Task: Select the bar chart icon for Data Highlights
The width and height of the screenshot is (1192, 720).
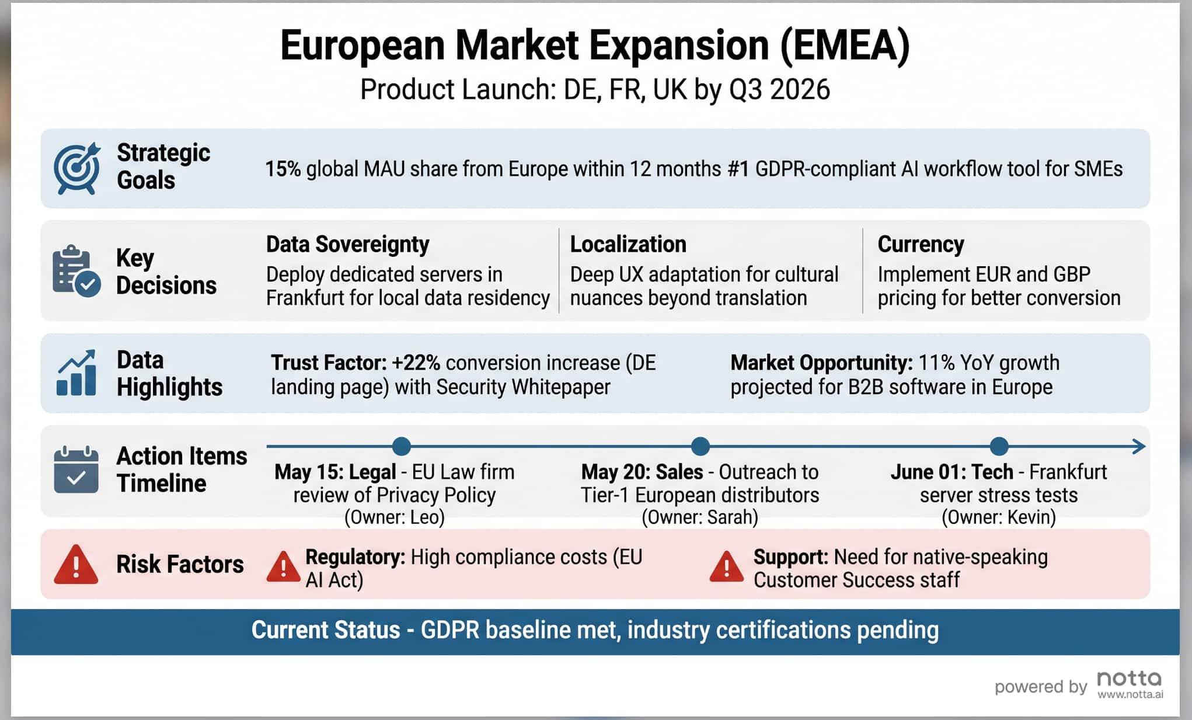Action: [76, 373]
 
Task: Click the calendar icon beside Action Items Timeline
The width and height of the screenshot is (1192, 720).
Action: [76, 470]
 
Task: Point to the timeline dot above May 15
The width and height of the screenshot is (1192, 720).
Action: [402, 447]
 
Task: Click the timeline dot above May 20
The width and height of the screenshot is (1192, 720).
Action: [700, 447]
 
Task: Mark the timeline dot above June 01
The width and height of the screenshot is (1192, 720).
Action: [999, 447]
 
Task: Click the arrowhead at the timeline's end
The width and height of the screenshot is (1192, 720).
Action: [1139, 447]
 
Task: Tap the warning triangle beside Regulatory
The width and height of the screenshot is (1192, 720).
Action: [283, 566]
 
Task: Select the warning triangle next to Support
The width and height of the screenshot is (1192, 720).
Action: [726, 566]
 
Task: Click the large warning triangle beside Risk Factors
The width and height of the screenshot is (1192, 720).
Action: [76, 565]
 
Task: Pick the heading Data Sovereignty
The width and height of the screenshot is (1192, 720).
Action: [347, 244]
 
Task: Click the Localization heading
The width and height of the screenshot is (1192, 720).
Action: [628, 244]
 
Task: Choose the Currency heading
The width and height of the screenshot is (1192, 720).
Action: [921, 244]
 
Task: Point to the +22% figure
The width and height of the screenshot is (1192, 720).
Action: [416, 363]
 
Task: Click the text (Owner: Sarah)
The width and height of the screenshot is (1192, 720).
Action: [699, 517]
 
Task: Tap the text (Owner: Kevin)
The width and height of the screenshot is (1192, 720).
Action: [998, 517]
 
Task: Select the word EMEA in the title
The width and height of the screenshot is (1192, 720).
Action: [845, 46]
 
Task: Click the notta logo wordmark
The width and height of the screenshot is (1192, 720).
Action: [1129, 679]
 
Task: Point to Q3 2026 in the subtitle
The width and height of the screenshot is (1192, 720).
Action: [779, 89]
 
